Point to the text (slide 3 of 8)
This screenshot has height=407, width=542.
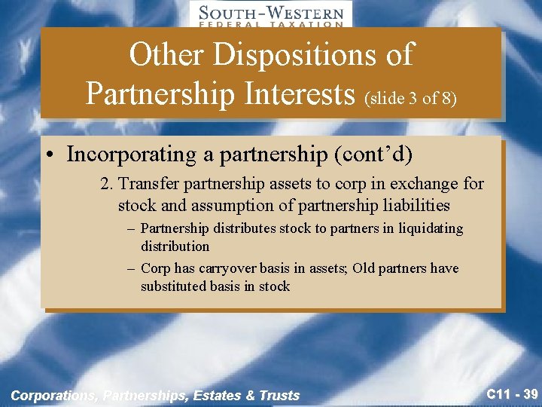coord(411,98)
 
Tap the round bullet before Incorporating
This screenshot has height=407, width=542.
coord(49,155)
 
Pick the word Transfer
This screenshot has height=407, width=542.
coord(146,184)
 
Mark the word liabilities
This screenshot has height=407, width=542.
coord(413,205)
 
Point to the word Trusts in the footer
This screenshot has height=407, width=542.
coord(279,395)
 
